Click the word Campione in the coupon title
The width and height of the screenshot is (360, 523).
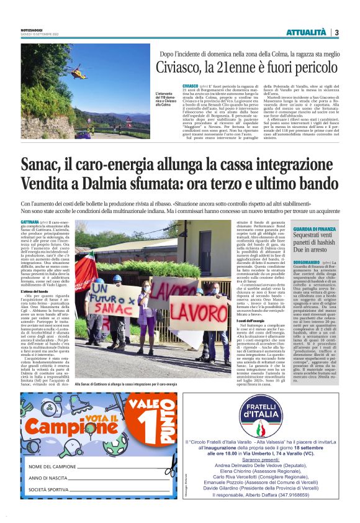pyautogui.click(x=63, y=427)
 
